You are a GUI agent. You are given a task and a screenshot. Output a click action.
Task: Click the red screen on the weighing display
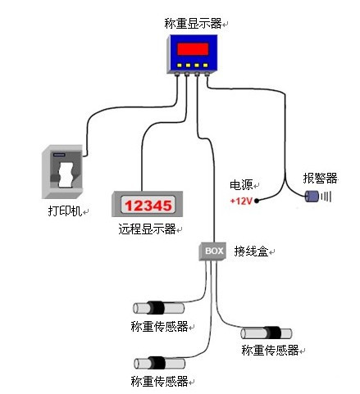tap(193, 49)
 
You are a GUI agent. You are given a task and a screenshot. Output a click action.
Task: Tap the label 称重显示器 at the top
tap(193, 24)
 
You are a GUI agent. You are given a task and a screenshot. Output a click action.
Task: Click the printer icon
tap(62, 171)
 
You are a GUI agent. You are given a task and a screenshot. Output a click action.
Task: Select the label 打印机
tap(65, 211)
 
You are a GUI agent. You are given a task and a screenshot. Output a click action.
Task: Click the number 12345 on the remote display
tap(148, 206)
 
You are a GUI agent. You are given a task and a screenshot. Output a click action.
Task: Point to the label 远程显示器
tap(147, 229)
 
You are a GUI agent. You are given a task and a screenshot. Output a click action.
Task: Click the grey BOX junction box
tap(212, 251)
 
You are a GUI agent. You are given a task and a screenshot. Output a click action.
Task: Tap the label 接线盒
tap(251, 251)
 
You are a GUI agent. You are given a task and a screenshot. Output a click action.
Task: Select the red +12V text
tap(241, 202)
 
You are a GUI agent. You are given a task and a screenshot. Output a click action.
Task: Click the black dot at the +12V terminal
tap(257, 201)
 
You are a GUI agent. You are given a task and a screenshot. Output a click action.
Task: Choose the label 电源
tap(241, 185)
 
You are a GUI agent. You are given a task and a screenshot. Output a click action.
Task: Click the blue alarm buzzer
tap(312, 196)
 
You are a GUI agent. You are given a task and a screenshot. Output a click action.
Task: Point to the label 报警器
tap(320, 179)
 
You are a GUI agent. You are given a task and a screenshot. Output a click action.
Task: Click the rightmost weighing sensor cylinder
tap(267, 333)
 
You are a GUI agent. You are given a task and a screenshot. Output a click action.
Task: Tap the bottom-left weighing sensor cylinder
tap(160, 363)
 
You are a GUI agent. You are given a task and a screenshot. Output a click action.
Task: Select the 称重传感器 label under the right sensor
tap(270, 351)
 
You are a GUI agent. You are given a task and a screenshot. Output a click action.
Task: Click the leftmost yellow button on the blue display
tap(180, 66)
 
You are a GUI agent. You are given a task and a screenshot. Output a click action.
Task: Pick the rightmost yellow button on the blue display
tap(206, 66)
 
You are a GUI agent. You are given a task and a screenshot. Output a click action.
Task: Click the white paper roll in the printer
tap(66, 174)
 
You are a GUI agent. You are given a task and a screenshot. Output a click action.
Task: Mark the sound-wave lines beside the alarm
tap(326, 196)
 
